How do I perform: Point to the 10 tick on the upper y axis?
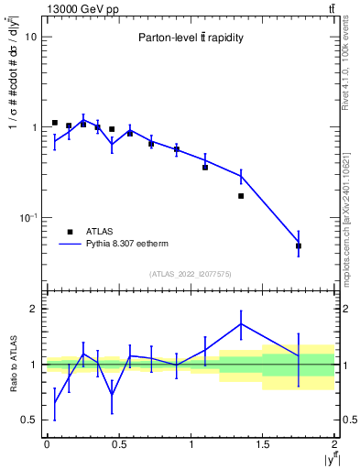[31, 37]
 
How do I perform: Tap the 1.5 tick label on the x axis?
[263, 444]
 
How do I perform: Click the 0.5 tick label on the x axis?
[118, 444]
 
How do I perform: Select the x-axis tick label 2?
[334, 444]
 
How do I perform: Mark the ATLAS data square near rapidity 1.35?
[241, 196]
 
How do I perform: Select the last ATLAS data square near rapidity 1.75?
[299, 245]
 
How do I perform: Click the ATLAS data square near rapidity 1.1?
[205, 167]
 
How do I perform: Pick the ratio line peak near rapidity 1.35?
[241, 323]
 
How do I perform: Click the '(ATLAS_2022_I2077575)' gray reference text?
[191, 274]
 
